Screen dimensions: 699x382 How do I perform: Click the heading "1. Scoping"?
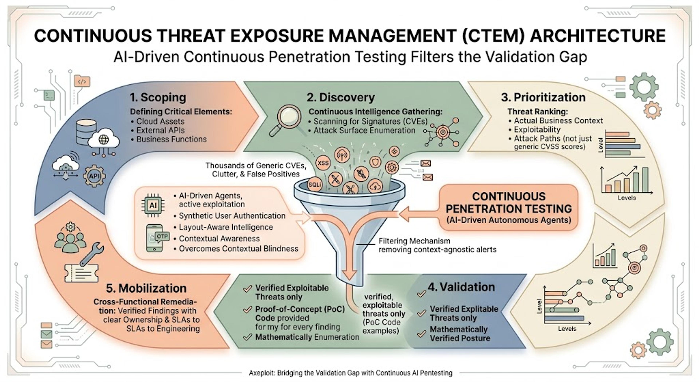pyautogui.click(x=158, y=97)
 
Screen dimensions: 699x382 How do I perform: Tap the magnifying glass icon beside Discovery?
pyautogui.click(x=285, y=120)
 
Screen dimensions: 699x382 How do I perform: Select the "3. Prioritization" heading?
pyautogui.click(x=543, y=97)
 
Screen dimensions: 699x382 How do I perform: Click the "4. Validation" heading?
pyautogui.click(x=461, y=287)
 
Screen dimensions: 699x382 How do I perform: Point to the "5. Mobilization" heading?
pyautogui.click(x=146, y=288)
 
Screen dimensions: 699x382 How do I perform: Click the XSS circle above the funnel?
pyautogui.click(x=323, y=163)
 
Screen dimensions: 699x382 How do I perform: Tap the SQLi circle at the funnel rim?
pyautogui.click(x=315, y=184)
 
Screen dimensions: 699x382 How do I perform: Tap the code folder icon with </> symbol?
pyautogui.click(x=82, y=81)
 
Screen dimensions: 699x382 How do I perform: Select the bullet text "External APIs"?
pyautogui.click(x=160, y=130)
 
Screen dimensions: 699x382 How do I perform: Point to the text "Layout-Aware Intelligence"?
pyautogui.click(x=226, y=227)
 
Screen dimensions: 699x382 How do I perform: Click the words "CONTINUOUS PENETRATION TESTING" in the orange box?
pyautogui.click(x=509, y=202)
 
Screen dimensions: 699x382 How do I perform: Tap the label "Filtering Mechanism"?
pyautogui.click(x=414, y=241)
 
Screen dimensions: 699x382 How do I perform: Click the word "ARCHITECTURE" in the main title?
pyautogui.click(x=597, y=36)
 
